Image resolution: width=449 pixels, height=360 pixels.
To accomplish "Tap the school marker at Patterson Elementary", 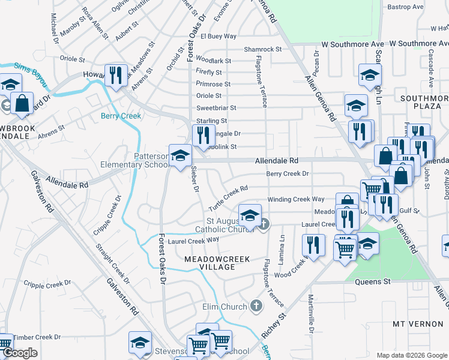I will point(180,156).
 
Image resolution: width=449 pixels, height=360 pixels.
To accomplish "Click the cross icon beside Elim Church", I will point(256,307).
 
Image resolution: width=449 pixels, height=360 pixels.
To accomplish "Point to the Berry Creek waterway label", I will point(121,116).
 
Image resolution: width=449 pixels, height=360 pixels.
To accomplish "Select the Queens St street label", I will point(373,281).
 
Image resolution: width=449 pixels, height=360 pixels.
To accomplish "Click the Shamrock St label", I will point(262,49).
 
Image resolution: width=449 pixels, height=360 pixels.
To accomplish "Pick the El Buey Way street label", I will point(218,37).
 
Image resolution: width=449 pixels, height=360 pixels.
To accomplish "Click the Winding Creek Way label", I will point(296,199).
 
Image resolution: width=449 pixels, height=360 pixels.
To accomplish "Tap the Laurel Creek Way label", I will point(193,241).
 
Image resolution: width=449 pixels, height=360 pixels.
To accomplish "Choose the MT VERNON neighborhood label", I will point(417,323).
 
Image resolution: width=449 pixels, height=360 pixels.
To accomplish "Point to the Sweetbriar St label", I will point(216,108).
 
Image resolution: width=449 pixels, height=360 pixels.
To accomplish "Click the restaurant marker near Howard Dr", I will point(115,75).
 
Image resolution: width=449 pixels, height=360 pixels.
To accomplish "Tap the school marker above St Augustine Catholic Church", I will point(250,215).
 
